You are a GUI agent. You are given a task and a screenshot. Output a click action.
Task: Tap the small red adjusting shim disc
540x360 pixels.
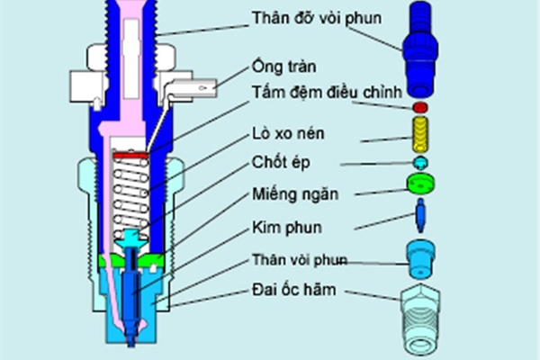tap(420, 107)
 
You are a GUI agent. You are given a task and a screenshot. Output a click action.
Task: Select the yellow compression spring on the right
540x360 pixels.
tap(420, 138)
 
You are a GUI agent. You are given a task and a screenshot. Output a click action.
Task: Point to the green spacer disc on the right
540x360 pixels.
tap(420, 184)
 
